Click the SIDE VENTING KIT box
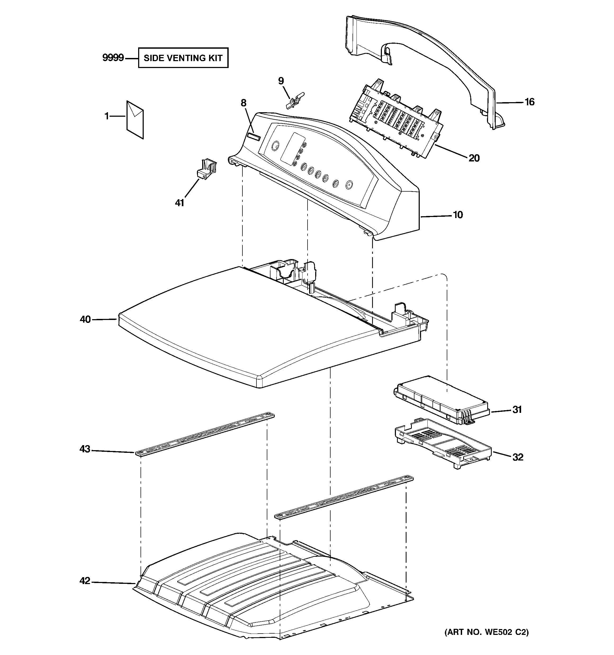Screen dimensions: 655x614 click(x=183, y=58)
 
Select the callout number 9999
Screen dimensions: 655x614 click(x=113, y=58)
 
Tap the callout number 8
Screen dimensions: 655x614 click(x=243, y=103)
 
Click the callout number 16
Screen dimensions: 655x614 click(x=529, y=102)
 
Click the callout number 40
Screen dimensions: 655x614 click(x=85, y=319)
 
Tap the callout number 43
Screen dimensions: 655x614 click(x=85, y=449)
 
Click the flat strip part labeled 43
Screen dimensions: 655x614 click(x=204, y=434)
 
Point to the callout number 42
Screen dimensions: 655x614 click(x=85, y=581)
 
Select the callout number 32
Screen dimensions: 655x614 click(x=518, y=457)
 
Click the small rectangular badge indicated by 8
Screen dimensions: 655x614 click(x=254, y=137)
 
